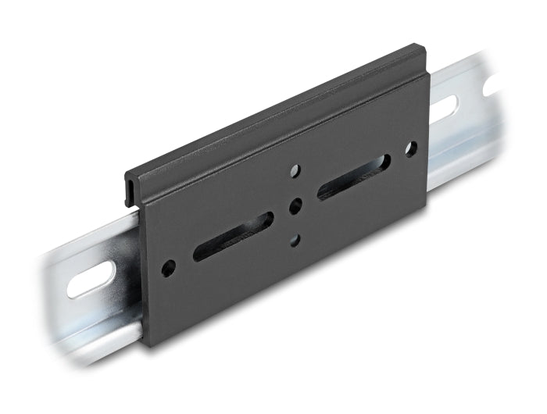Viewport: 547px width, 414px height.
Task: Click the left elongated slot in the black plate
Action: point(233,236)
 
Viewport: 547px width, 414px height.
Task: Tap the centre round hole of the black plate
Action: point(295,206)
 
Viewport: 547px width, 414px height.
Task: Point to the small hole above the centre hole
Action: point(295,170)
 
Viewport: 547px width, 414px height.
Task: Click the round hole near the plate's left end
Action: point(168,269)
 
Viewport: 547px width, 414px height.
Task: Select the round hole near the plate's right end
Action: point(410,148)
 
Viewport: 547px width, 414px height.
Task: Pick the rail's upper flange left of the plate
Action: point(86,238)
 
